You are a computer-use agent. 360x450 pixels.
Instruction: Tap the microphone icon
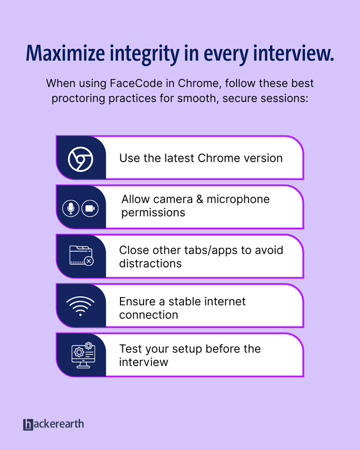click(70, 208)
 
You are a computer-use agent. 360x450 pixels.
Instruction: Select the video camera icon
click(90, 208)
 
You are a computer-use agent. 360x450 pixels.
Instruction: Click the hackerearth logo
click(53, 424)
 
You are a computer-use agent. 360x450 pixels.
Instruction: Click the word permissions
click(153, 213)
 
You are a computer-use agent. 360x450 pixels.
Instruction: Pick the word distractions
click(150, 264)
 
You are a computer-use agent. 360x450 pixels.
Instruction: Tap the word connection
click(148, 315)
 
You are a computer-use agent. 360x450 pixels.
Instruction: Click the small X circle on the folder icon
click(89, 261)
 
